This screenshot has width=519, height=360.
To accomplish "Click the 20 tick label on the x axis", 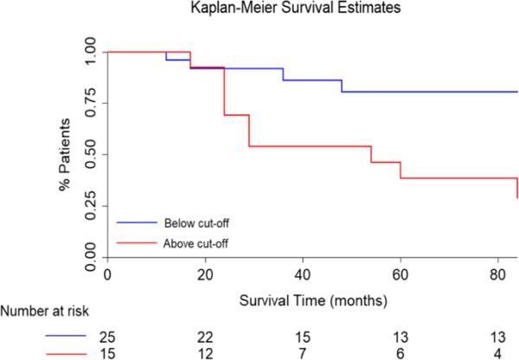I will point(205,274).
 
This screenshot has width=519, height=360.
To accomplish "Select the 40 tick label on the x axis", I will point(303,274).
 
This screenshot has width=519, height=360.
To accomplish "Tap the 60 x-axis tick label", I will point(400,274).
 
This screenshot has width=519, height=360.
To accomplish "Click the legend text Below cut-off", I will point(197,221).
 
